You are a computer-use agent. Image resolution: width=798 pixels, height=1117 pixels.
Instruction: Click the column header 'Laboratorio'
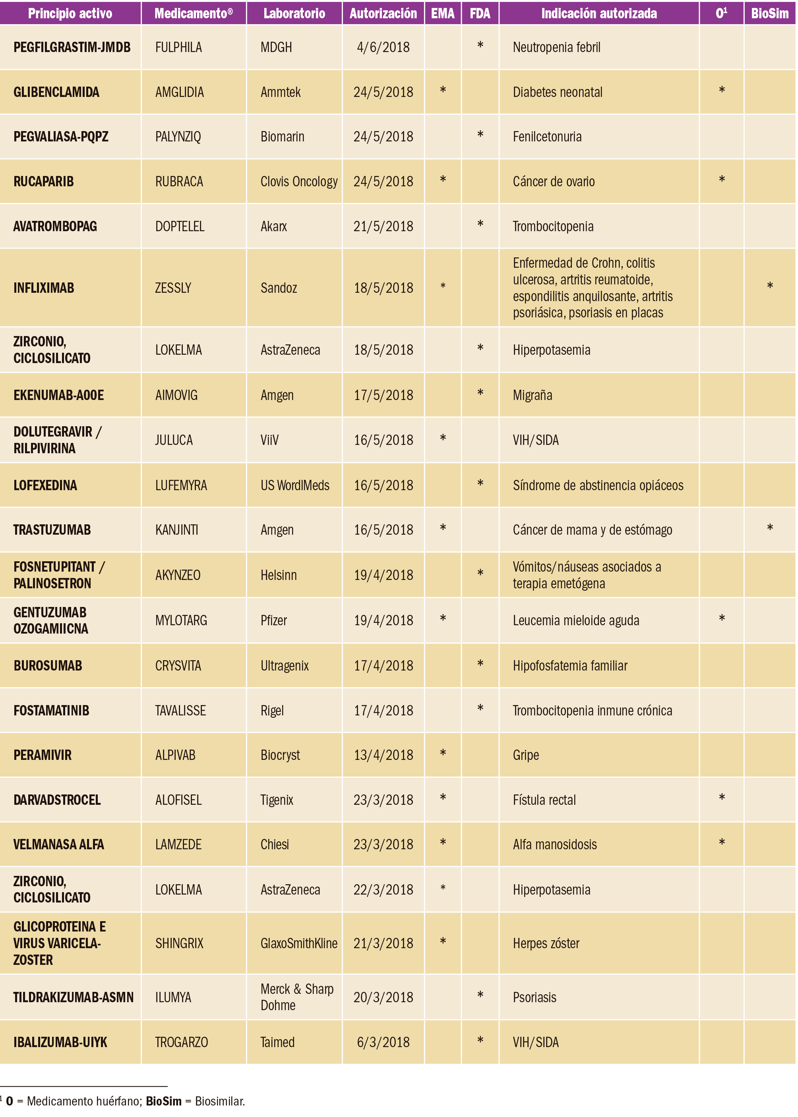(294, 13)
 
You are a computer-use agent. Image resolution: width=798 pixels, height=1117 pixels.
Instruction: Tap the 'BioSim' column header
(769, 13)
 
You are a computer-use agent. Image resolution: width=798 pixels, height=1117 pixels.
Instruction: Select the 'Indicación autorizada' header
(598, 13)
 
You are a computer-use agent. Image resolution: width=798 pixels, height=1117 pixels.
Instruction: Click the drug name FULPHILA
(178, 48)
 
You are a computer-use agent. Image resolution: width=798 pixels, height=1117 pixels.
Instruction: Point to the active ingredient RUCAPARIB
(44, 182)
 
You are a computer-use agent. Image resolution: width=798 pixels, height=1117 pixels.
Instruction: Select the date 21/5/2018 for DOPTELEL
(383, 226)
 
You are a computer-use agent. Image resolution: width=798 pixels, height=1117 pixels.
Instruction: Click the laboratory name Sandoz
(279, 288)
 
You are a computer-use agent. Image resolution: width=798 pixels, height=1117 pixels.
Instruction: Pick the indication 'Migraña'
(532, 395)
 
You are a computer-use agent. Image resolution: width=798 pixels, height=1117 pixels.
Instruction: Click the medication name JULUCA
(174, 440)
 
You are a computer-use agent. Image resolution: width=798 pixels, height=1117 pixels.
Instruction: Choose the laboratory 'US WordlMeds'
(295, 485)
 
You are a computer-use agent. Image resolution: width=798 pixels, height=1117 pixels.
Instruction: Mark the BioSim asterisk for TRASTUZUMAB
(769, 528)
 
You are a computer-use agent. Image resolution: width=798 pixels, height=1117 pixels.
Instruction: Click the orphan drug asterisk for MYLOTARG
(721, 618)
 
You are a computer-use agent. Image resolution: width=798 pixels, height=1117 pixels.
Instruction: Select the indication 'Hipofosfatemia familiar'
(570, 666)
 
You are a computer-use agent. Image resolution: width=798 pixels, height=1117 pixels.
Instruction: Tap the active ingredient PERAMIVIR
(43, 755)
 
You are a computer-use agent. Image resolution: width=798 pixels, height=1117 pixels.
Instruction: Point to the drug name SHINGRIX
(179, 943)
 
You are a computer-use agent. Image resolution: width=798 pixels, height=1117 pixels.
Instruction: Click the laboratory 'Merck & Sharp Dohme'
(296, 997)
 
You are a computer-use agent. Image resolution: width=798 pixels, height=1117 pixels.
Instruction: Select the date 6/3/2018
(383, 1042)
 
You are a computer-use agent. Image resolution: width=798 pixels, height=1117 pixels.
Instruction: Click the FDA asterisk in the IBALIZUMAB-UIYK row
(480, 1040)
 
